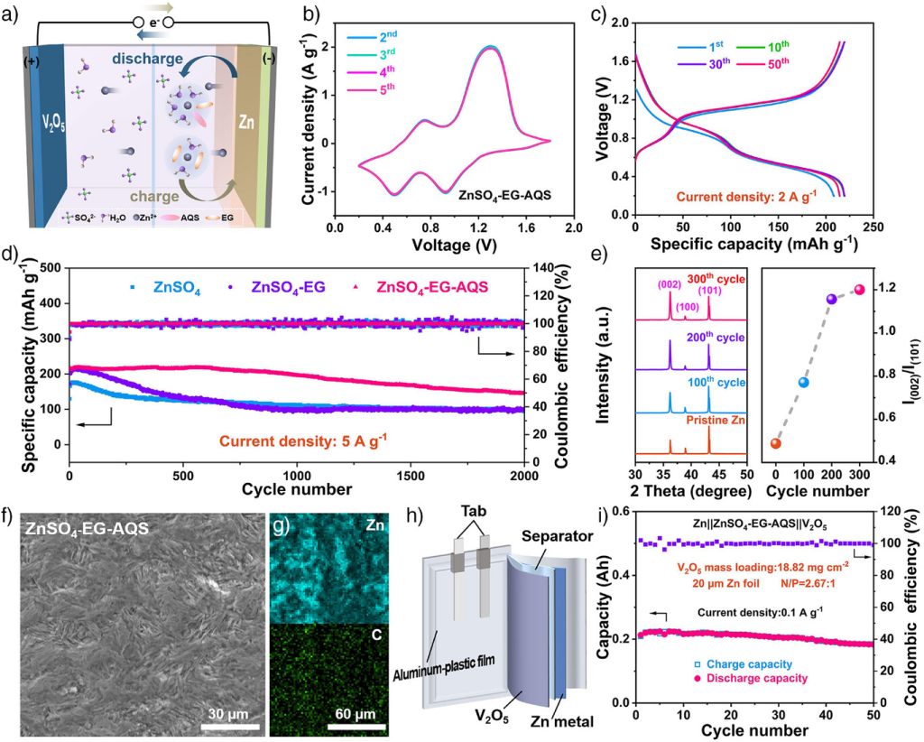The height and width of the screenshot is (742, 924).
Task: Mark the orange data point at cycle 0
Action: [775, 442]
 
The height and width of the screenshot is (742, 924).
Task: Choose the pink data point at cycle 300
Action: [858, 290]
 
